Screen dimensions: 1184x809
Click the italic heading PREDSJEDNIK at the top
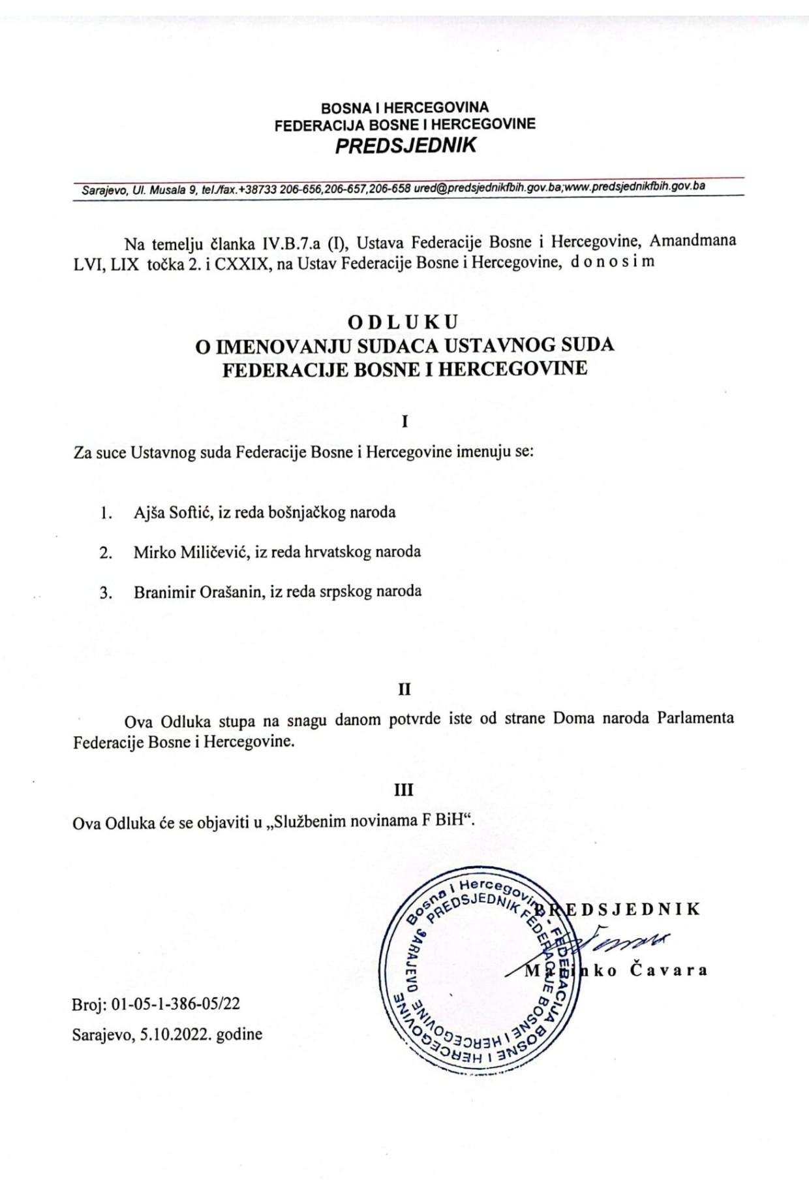tap(405, 145)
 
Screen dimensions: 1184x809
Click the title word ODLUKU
tap(403, 322)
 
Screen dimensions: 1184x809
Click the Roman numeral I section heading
tap(404, 421)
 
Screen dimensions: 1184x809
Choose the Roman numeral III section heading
tap(404, 790)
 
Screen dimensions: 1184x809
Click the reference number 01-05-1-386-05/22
tap(176, 1004)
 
